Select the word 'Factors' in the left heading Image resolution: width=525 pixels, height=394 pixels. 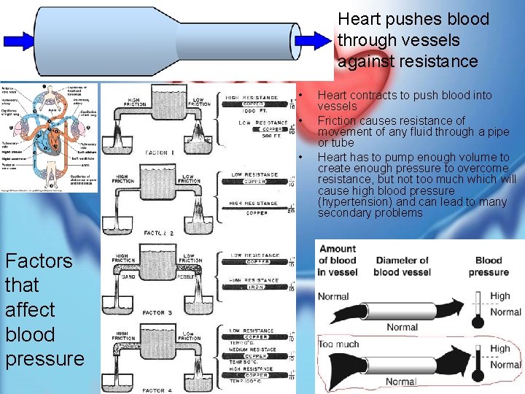(39, 261)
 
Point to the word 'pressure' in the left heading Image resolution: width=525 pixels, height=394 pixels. (44, 359)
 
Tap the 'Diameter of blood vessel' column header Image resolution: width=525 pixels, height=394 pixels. (401, 266)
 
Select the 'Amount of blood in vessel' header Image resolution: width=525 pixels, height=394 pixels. (338, 260)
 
